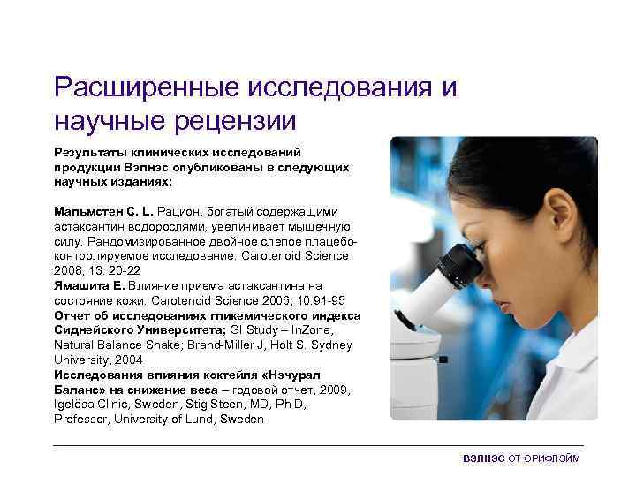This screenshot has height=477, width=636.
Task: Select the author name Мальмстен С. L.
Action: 103,212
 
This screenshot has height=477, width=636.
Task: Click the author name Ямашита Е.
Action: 89,285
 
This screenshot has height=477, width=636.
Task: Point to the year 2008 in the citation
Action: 70,270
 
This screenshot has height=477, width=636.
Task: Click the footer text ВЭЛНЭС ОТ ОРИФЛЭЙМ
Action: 522,459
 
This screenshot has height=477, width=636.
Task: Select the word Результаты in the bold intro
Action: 87,152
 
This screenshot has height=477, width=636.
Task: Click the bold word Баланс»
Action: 78,389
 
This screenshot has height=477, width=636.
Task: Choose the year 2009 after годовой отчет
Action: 337,389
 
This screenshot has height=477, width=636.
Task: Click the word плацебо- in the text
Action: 329,241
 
